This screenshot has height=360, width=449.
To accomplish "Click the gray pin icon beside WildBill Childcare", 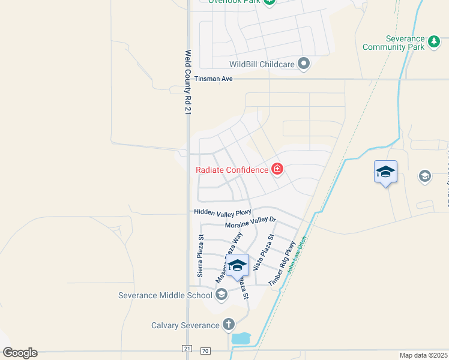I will coord(304,64).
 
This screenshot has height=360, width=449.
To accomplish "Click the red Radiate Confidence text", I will coord(232,170).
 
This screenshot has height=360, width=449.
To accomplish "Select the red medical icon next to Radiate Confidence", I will coord(277,169).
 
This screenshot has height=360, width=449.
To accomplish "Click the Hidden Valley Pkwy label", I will coord(222,212).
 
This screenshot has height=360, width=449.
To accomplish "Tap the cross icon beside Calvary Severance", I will coord(228,325).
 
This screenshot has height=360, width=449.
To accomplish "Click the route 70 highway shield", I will coord(205,349).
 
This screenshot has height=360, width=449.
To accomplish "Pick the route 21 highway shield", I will coord(187,349).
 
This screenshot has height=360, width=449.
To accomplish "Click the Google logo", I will coord(20,353).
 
